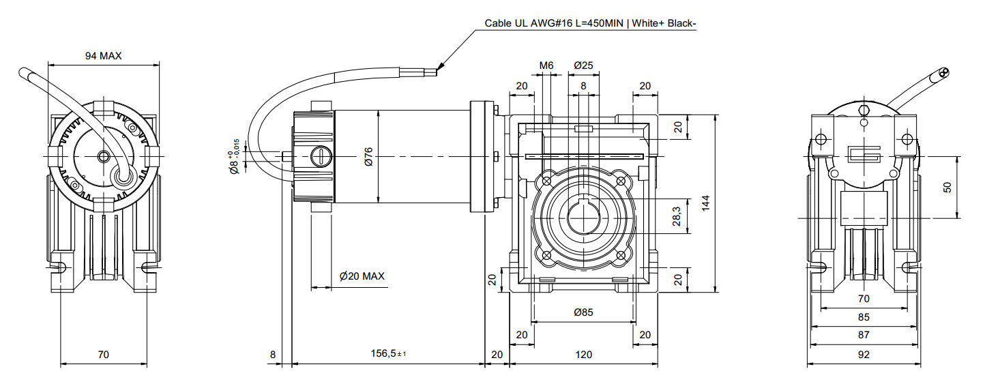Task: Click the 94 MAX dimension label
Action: pos(103,56)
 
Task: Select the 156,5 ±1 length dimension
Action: pos(387,354)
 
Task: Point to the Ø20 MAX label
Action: pos(362,276)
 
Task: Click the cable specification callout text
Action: pos(590,23)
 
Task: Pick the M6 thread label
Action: pos(546,65)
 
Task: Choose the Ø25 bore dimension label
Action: pos(583,65)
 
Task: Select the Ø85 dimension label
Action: pos(583,312)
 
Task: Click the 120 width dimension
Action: pos(583,354)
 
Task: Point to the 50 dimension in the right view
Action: pos(947,187)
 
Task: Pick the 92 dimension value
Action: pos(864,354)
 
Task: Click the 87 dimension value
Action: pos(864,335)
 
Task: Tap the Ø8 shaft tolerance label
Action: pos(235,158)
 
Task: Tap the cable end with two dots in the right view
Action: pos(943,74)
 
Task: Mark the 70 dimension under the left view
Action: pos(103,354)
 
